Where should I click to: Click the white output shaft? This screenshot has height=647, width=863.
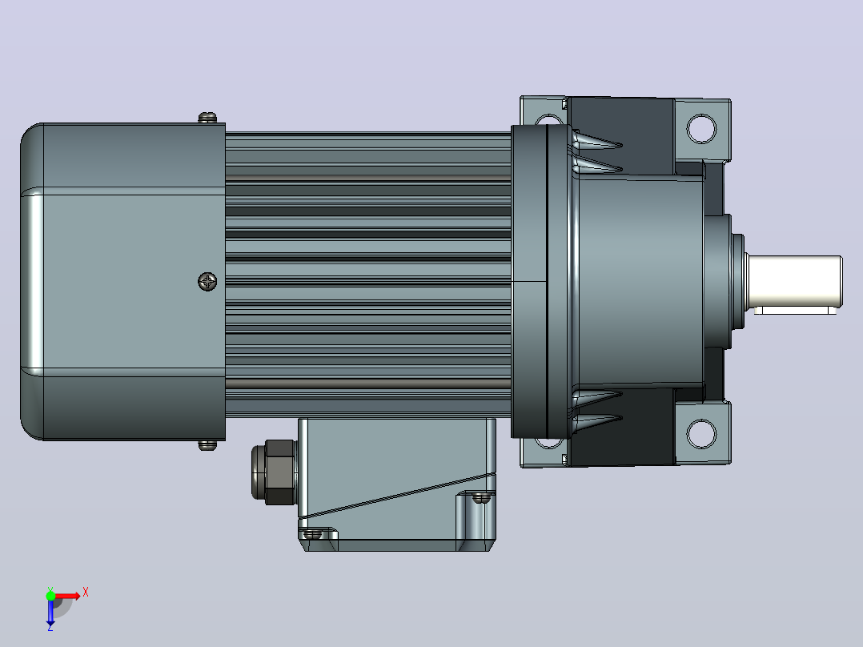[x=793, y=281]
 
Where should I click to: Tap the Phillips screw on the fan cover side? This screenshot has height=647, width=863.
[x=207, y=281]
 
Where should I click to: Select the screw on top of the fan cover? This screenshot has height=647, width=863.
[x=207, y=117]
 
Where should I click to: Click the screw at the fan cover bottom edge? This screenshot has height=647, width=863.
[x=207, y=444]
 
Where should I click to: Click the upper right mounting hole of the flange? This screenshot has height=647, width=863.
[x=702, y=128]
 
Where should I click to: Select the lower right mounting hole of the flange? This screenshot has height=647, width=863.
[x=702, y=433]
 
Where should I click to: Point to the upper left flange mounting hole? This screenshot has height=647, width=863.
[x=548, y=120]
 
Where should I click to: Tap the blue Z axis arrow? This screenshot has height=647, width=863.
[x=50, y=612]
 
